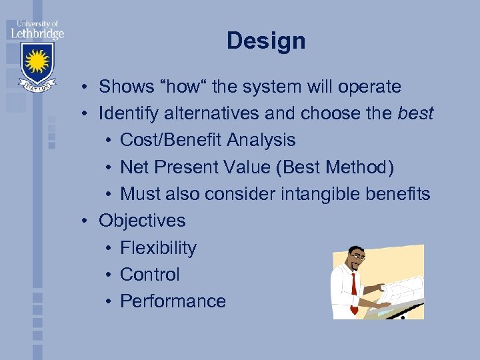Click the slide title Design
pos(266,41)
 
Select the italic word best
pos(415,113)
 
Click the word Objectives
pos(142,221)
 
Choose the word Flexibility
pos(158,248)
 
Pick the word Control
pos(150,275)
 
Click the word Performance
pos(173,301)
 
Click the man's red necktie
pos(353,287)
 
